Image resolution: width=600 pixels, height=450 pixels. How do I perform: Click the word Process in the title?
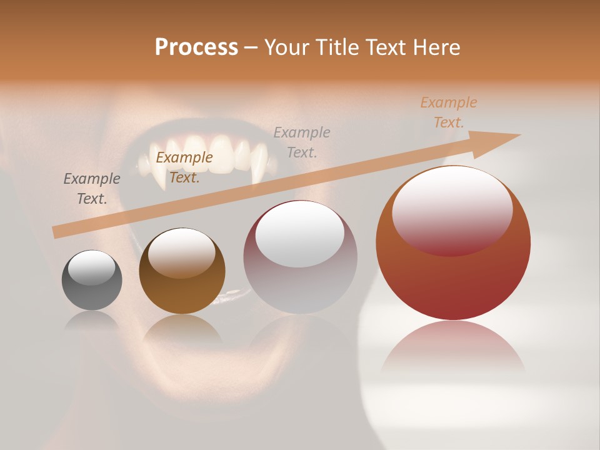(196, 47)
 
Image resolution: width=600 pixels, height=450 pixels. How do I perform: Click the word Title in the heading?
(337, 47)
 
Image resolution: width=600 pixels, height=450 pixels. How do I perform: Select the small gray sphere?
(92, 280)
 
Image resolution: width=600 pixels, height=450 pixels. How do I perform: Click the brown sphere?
(182, 271)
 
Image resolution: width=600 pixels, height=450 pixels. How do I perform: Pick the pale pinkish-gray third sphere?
(300, 257)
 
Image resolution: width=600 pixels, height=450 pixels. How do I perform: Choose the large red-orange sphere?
(453, 244)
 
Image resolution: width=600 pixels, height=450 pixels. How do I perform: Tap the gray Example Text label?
(92, 188)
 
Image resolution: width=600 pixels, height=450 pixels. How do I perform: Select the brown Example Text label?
(184, 167)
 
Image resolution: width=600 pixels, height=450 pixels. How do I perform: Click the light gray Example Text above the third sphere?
(302, 142)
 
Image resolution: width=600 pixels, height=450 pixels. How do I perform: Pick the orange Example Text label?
(449, 112)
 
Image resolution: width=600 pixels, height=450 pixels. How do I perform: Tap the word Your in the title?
(287, 47)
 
